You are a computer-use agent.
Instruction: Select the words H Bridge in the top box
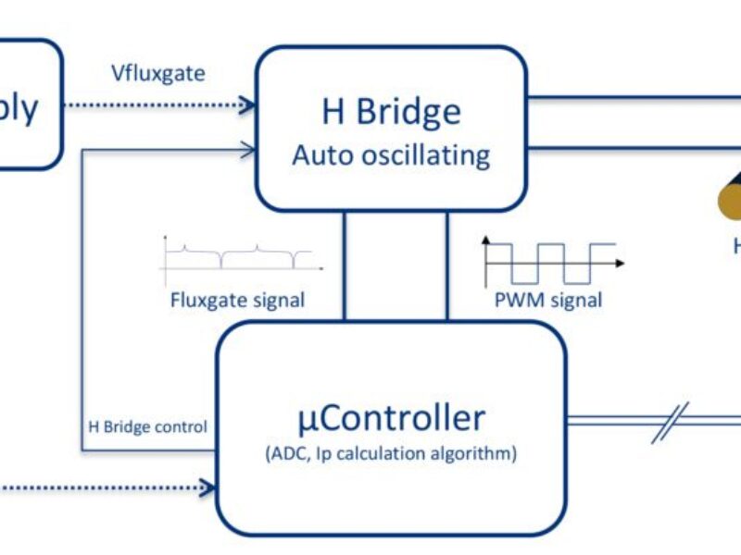(x=391, y=112)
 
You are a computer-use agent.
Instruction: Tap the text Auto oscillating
(x=391, y=154)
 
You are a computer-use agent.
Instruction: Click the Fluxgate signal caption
(x=237, y=299)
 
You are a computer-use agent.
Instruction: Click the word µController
(x=391, y=418)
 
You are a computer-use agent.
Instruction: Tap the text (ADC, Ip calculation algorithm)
(x=391, y=454)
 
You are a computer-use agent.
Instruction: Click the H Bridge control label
(x=147, y=427)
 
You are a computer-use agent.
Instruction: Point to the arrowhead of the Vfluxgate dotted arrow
(x=248, y=105)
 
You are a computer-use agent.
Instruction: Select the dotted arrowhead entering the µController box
(x=208, y=484)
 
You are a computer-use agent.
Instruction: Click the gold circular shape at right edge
(x=730, y=194)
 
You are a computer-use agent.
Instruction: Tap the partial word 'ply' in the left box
(x=19, y=107)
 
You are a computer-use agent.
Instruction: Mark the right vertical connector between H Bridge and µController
(x=446, y=265)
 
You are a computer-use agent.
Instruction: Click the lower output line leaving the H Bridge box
(x=639, y=146)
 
